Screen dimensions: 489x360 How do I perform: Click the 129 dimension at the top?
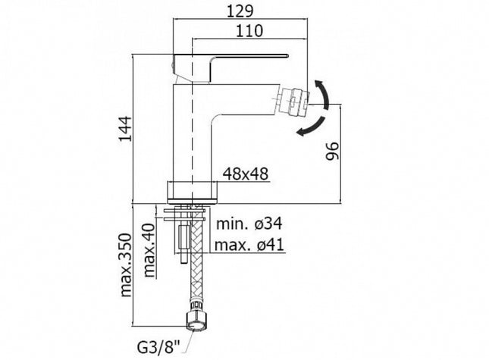tap(240, 11)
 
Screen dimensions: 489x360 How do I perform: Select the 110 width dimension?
tap(249, 31)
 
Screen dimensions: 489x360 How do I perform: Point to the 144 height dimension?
tap(125, 129)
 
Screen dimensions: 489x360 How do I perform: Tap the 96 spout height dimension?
tap(331, 151)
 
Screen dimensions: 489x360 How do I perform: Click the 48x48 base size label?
tap(246, 174)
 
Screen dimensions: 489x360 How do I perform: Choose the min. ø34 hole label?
tap(249, 224)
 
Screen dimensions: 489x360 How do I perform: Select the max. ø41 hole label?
tap(249, 245)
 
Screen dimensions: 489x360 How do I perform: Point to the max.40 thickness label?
tap(149, 250)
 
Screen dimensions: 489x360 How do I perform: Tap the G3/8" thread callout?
tap(158, 348)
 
